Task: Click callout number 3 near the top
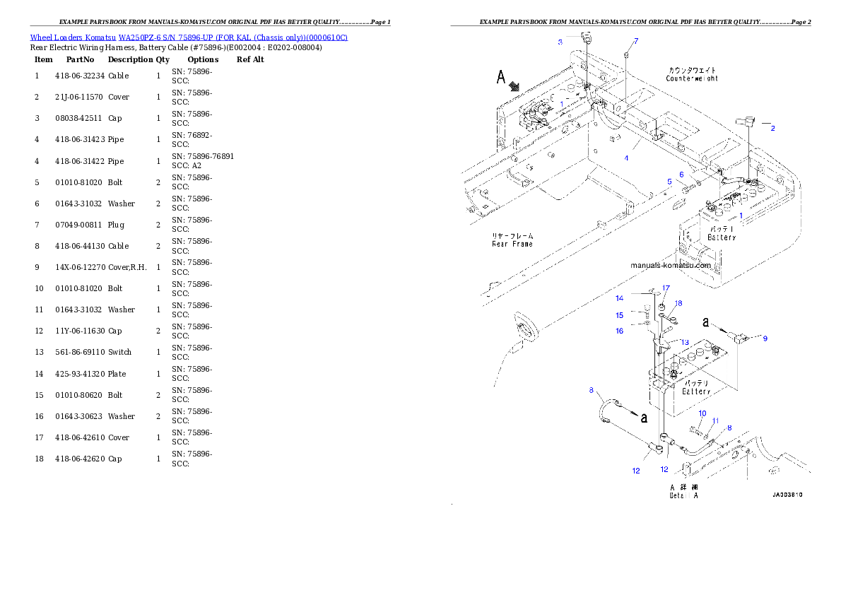pos(560,42)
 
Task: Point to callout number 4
pos(625,158)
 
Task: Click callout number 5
pos(669,182)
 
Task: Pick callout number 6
pos(681,174)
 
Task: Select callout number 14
pos(619,298)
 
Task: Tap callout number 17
pos(666,288)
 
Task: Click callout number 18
pos(678,303)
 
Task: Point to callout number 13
pos(685,342)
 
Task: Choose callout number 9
pos(765,338)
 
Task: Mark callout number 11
pos(715,420)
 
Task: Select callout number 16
pos(619,331)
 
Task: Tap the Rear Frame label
pos(512,244)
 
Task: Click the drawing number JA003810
pos(787,495)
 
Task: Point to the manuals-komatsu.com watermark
pos(671,266)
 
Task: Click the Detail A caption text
pos(683,495)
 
